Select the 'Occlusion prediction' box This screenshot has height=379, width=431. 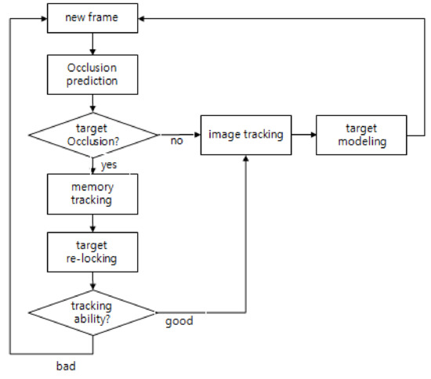coord(93,74)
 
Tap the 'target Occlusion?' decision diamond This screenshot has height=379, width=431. coord(93,135)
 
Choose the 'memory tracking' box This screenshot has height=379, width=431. coord(93,193)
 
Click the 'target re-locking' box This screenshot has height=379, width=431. coord(93,251)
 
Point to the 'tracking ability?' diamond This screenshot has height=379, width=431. coord(93,312)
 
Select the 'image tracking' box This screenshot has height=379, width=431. coord(246,135)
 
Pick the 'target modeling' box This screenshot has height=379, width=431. coord(361,135)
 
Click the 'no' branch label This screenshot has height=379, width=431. coord(177,142)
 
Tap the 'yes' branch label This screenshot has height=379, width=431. coord(109,164)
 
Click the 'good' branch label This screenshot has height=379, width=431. coord(179,320)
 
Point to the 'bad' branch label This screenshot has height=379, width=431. coord(67,365)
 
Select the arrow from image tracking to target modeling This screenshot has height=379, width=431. coord(302,135)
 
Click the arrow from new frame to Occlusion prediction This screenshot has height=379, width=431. coord(93,44)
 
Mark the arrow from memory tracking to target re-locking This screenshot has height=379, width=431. coord(93,222)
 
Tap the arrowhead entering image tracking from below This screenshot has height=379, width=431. coord(247,159)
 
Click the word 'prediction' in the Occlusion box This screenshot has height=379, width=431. coord(93,80)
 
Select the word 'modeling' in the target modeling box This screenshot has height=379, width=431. coord(361,141)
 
